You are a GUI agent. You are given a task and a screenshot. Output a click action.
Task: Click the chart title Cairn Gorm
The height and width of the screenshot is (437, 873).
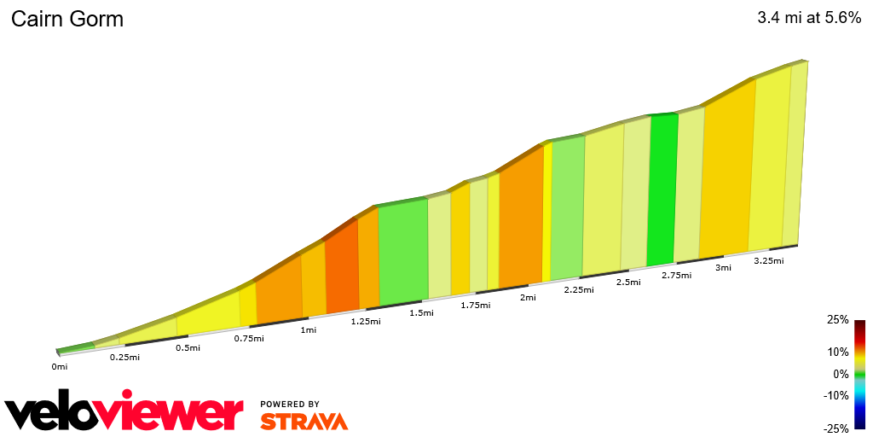67,19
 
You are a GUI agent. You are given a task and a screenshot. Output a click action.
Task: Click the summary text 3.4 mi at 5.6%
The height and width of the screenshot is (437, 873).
809,17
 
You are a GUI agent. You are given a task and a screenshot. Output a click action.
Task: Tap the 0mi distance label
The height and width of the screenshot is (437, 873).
59,367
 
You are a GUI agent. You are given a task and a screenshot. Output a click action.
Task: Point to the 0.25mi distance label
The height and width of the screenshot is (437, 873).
124,357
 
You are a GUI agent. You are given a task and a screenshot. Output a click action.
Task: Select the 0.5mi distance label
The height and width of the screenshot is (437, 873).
188,347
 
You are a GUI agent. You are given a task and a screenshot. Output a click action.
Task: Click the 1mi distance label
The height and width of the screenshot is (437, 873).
308,329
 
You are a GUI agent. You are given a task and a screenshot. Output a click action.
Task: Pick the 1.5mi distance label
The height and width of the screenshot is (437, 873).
421,313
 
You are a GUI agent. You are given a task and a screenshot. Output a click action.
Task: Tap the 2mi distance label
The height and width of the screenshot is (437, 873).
528,297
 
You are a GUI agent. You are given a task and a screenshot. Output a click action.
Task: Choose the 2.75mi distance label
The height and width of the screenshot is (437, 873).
675,276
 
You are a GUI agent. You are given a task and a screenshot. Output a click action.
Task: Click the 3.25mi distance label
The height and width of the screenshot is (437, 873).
768,261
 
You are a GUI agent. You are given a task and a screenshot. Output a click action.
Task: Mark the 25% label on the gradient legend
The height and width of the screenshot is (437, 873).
837,320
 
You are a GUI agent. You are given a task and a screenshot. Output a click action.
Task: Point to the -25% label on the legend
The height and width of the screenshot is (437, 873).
837,428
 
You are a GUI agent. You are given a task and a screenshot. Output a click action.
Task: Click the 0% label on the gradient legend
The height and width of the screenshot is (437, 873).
841,374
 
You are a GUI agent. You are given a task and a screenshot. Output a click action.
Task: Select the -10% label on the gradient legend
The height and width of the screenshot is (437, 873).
837,395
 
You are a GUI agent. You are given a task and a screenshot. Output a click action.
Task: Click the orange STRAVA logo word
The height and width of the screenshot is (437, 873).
304,422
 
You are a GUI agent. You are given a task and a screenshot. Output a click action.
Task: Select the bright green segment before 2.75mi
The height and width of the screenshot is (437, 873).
662,189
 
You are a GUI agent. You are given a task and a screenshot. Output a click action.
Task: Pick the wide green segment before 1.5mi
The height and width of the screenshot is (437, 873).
402,253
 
